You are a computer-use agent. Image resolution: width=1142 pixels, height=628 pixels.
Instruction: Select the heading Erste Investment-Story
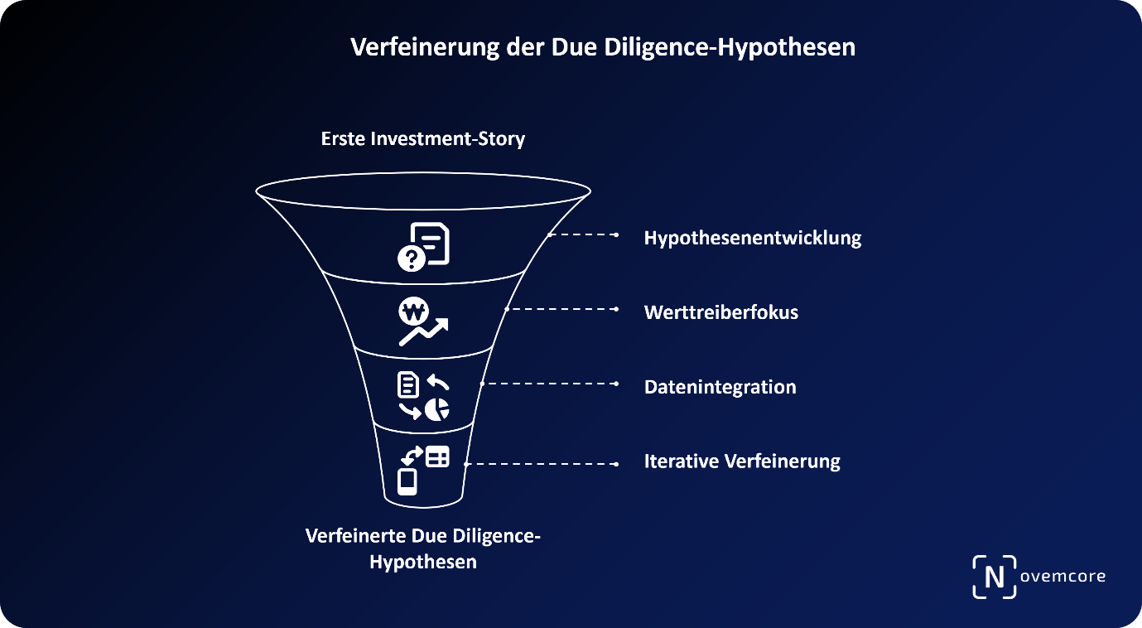point(422,138)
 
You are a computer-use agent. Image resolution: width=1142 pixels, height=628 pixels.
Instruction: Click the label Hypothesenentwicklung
point(753,239)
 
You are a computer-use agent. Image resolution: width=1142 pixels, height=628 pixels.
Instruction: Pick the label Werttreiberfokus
point(720,313)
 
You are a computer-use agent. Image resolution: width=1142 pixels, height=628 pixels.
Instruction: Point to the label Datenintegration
point(720,387)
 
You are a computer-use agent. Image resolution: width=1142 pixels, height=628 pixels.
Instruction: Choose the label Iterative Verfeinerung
point(742,461)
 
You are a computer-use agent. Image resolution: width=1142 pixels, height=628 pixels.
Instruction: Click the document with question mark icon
point(423,246)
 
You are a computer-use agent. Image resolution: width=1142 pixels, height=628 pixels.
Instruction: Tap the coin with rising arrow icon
point(422,321)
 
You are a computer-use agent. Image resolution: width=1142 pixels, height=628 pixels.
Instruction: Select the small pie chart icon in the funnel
point(437,408)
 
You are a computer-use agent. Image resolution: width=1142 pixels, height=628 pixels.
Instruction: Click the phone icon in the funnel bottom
point(407,481)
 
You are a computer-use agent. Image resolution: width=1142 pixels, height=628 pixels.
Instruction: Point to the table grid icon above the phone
point(438,456)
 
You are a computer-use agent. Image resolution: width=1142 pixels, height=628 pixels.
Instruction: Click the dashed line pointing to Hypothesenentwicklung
point(583,234)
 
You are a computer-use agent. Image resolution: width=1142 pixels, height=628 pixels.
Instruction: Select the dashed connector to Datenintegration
point(551,384)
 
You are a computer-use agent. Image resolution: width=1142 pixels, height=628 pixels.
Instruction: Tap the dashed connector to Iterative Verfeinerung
point(542,464)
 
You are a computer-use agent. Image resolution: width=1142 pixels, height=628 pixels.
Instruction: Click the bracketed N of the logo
point(994,577)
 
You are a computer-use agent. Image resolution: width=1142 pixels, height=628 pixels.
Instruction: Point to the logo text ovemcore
point(1062,576)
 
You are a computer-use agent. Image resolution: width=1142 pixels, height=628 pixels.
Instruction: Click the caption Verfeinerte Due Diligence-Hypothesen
point(422,548)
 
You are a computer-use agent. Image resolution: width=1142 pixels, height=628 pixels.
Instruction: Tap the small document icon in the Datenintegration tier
point(408,384)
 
